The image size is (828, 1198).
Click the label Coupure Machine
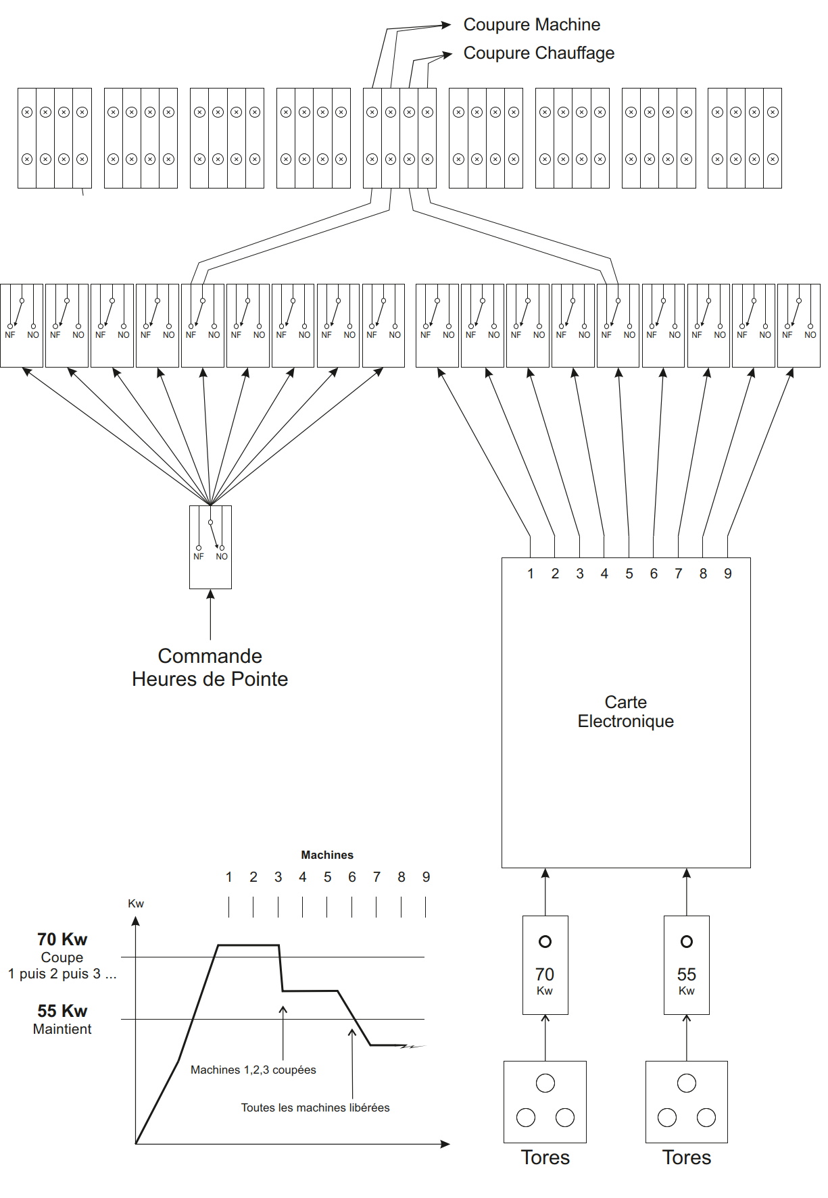531,25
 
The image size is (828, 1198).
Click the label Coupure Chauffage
539,53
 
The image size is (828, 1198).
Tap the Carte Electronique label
625,712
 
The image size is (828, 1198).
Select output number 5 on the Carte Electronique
629,574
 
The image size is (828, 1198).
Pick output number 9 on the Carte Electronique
728,574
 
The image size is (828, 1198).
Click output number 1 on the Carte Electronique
531,574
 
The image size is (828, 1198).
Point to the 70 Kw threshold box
545,965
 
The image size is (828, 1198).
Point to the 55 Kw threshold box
686,965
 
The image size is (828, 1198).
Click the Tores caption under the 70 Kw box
545,1157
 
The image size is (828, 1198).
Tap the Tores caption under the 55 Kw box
686,1157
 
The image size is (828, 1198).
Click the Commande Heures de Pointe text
210,668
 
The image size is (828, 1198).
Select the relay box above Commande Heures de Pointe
210,547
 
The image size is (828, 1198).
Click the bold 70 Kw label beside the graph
62,939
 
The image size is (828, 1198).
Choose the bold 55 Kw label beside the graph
62,1011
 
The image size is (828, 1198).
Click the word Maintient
62,1029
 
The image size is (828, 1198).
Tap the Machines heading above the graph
327,855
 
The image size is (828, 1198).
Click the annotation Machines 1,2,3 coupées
253,1070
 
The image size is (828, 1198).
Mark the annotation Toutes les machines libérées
315,1107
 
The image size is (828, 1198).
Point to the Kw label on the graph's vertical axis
136,903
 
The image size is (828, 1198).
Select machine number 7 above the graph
376,877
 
